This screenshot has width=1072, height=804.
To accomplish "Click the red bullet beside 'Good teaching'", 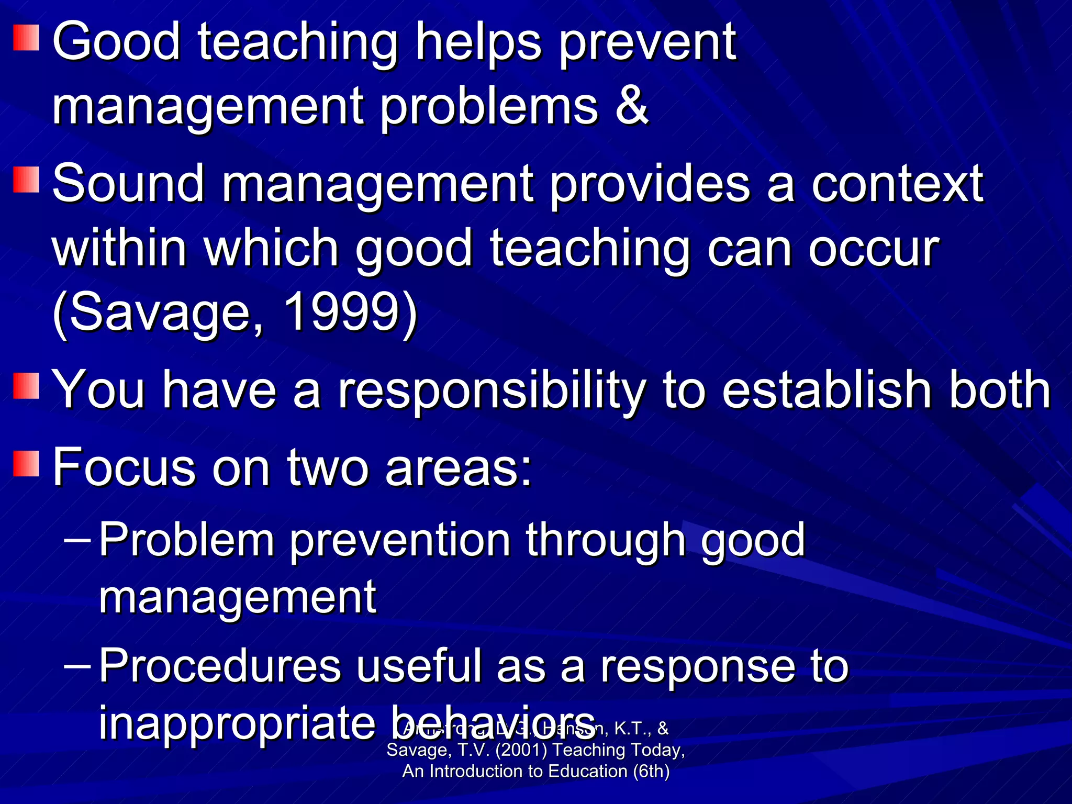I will click(x=26, y=38).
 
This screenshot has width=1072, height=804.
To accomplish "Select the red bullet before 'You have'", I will click(x=26, y=386).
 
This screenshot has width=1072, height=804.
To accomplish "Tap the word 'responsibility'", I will click(x=491, y=390).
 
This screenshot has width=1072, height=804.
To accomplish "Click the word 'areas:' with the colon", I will click(x=459, y=467).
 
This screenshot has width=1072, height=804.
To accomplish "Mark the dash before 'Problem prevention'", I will click(x=77, y=539).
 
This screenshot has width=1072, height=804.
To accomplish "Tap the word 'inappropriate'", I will click(x=237, y=723).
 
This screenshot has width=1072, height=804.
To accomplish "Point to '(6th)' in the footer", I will click(x=651, y=772).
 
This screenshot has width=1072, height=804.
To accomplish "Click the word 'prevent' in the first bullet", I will click(x=647, y=43).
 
